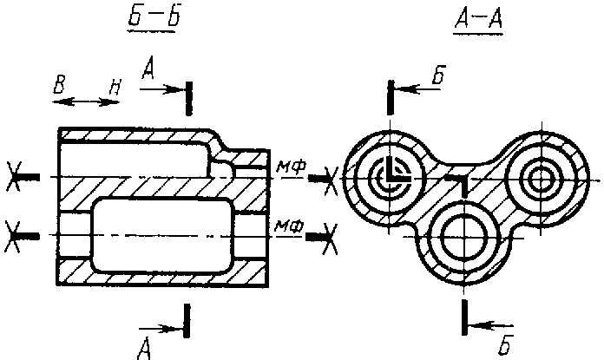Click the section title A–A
(x=478, y=20)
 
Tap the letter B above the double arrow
(x=59, y=85)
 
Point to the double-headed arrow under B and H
(x=85, y=102)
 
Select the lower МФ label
(x=288, y=226)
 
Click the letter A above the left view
(x=148, y=69)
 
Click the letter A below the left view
(x=144, y=349)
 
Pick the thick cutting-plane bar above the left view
(x=189, y=99)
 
